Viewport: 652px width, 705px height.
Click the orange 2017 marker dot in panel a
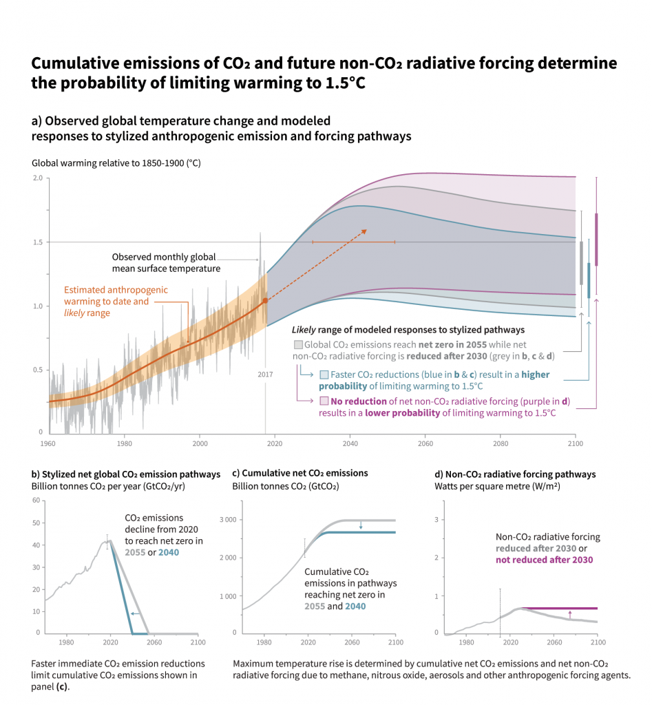[265, 301]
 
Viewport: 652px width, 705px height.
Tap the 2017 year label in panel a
[265, 375]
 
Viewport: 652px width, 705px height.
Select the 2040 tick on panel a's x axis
[350, 444]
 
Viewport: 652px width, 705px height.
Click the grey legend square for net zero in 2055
[297, 344]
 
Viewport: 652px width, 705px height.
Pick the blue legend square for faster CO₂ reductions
[324, 375]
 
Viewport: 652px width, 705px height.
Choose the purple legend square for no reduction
[324, 401]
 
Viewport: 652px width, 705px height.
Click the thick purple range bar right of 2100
[596, 239]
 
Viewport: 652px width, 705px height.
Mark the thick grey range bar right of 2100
[581, 262]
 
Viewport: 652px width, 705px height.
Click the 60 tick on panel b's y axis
[36, 500]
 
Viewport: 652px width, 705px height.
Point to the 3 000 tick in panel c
[229, 519]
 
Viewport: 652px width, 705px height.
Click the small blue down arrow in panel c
[360, 526]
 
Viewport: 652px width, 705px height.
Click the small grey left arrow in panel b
[135, 613]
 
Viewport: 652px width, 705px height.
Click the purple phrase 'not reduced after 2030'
[544, 560]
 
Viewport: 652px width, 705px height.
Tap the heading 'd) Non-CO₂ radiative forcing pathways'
[515, 474]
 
